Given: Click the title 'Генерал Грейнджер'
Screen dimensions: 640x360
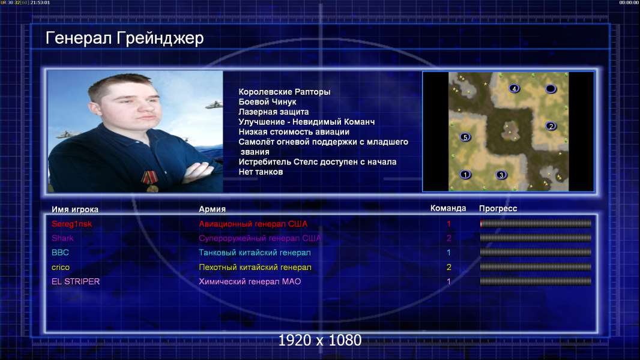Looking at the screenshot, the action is [x=124, y=38].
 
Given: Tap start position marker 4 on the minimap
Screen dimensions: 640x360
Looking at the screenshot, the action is [x=515, y=88].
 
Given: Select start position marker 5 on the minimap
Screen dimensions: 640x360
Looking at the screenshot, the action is [x=465, y=137].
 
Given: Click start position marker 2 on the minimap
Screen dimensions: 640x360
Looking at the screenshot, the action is [x=551, y=126].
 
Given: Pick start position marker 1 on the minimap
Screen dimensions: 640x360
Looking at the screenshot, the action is [x=465, y=175].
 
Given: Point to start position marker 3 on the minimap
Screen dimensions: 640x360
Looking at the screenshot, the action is [x=501, y=175].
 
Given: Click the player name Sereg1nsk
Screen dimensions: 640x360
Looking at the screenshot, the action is [x=72, y=224].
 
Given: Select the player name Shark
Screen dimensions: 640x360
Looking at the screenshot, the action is [x=62, y=238].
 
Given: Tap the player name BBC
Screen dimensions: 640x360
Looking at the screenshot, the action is [x=60, y=253].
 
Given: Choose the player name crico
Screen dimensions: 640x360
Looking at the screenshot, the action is [x=61, y=268].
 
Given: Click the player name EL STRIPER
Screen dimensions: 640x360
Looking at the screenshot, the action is [x=76, y=281].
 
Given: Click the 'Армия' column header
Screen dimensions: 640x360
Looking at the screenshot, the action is [x=213, y=209].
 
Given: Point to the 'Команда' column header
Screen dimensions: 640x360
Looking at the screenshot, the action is [x=448, y=208].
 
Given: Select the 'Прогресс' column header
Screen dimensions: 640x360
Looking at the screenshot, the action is [x=498, y=209].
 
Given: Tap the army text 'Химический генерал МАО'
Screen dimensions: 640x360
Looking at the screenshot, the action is [x=250, y=281].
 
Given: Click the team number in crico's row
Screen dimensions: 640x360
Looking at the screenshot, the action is [x=448, y=267].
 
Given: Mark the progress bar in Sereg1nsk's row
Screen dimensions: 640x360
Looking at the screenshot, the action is [x=536, y=223].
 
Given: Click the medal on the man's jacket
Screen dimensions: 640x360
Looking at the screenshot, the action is [x=150, y=181].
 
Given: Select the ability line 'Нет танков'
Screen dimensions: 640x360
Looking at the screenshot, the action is [x=261, y=172].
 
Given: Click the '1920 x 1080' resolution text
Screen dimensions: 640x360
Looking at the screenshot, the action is [x=320, y=340].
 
